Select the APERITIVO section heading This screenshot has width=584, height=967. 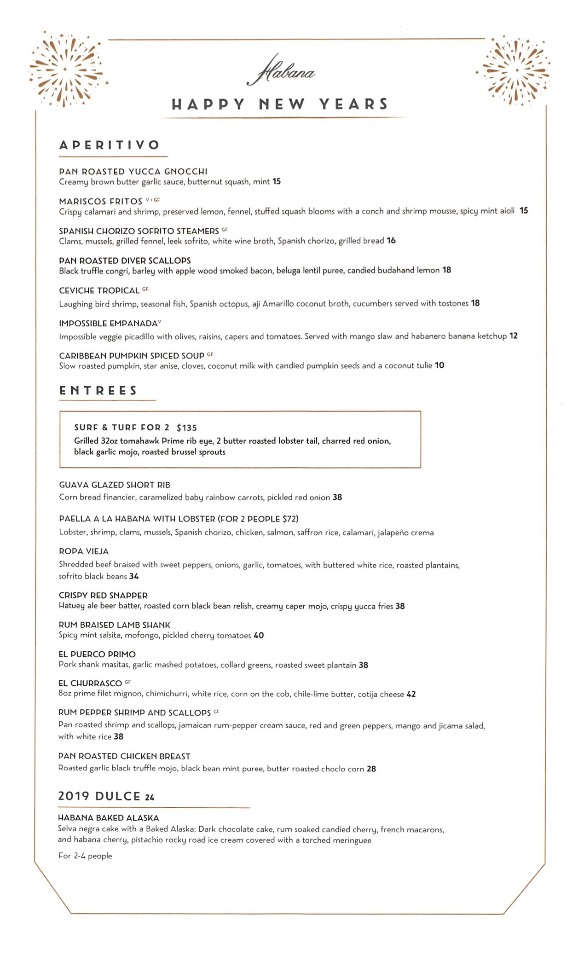pos(109,145)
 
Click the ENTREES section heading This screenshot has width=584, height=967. pos(98,391)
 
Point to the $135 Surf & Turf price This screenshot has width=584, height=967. pos(186,428)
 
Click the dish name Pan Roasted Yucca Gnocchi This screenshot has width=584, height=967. pos(133,172)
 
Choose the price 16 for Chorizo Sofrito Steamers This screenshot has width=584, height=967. pos(391,240)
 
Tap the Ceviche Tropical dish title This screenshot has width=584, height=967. pos(99,290)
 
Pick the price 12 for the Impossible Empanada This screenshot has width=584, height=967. pos(513,336)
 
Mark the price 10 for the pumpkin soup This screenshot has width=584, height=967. pos(439,365)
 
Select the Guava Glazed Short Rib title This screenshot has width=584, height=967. pos(115,485)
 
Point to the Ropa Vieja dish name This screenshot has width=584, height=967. pos(83,551)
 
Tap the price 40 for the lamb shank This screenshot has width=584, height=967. pos(259,635)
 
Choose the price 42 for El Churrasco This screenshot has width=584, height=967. pos(411,694)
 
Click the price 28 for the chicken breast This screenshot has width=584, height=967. pos(371,769)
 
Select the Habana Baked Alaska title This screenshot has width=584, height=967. pos(108,818)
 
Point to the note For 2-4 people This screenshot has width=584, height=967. pos(85,856)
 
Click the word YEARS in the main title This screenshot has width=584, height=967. pos(353,104)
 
